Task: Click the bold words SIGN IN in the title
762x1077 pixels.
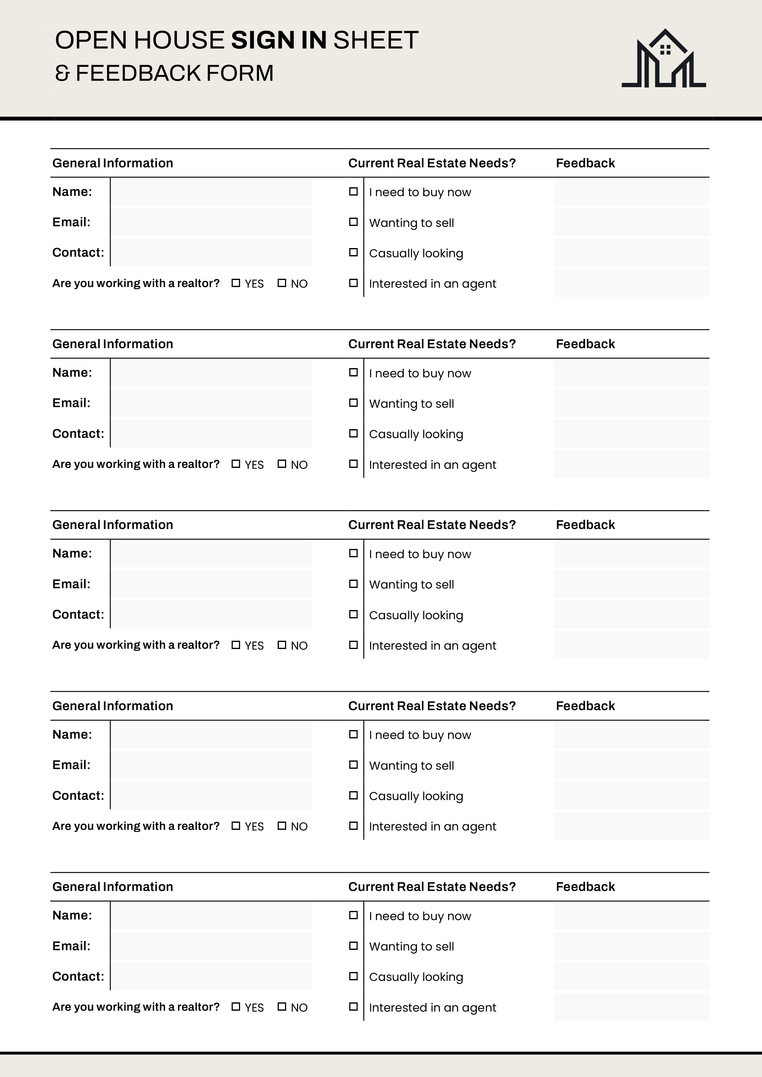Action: [x=279, y=40]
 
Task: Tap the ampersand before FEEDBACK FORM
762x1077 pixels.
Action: [x=62, y=73]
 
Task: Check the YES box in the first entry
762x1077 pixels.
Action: [x=236, y=283]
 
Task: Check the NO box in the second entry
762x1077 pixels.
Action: [x=282, y=464]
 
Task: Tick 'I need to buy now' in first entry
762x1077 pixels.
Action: [x=353, y=191]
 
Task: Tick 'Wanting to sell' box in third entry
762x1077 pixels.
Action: [x=353, y=584]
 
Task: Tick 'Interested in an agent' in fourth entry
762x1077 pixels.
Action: [x=353, y=826]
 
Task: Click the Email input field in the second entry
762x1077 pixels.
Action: [x=211, y=403]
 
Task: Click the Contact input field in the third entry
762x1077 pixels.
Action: [x=211, y=615]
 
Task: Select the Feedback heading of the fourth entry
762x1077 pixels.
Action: [x=585, y=706]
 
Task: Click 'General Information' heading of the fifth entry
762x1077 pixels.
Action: [x=113, y=887]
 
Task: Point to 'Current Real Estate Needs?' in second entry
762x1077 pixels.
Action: [x=432, y=344]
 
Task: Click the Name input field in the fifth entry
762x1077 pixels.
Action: [x=211, y=915]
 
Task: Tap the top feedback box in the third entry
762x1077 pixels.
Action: [x=631, y=554]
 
